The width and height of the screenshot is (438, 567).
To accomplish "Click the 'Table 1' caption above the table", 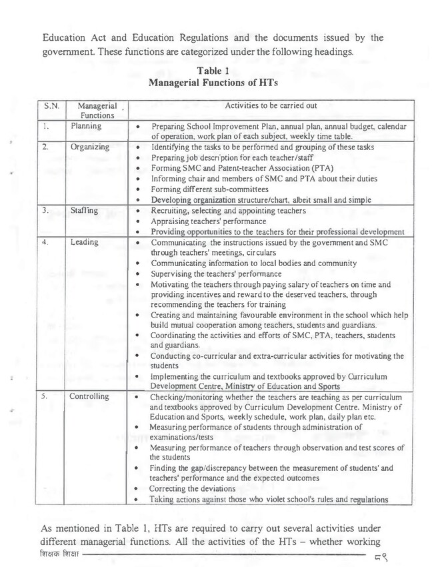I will (218, 70).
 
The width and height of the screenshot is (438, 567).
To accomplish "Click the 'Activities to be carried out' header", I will (271, 105).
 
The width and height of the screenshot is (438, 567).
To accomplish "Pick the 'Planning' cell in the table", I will (85, 125).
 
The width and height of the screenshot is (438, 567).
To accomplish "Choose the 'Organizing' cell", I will (90, 147).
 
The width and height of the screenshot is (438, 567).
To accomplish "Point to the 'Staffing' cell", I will (85, 211).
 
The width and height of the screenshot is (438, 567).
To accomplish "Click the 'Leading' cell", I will (84, 242).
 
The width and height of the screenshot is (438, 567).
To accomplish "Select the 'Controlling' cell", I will (90, 396).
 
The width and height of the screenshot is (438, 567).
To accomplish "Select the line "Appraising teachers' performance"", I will (209, 221).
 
